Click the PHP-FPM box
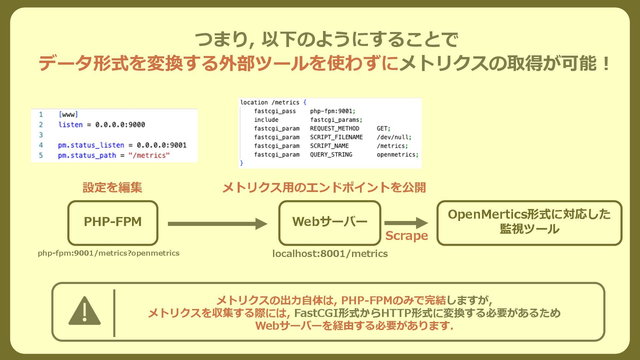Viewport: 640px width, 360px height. [x=113, y=223]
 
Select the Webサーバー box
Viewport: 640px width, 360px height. [x=330, y=223]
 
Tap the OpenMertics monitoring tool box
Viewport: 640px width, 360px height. [x=529, y=223]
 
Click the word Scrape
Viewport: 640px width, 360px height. [x=406, y=236]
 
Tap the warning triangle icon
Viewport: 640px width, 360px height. [x=84, y=311]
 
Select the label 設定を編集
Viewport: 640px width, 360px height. [x=112, y=188]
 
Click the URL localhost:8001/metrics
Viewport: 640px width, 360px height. [x=330, y=254]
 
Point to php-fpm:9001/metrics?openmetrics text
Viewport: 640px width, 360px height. [x=109, y=253]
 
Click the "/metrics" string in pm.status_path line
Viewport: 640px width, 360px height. [x=149, y=156]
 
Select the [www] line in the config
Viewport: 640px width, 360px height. [x=68, y=115]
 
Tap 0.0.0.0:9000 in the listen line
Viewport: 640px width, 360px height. [x=120, y=125]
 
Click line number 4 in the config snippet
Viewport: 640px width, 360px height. [x=41, y=145]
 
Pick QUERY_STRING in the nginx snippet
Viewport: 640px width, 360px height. [x=331, y=155]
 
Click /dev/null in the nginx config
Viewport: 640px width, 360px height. [x=393, y=137]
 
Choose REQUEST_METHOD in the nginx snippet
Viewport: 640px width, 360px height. [x=335, y=129]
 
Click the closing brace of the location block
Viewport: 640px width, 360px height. [x=242, y=163]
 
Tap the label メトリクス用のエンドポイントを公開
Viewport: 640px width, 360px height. [x=324, y=188]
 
